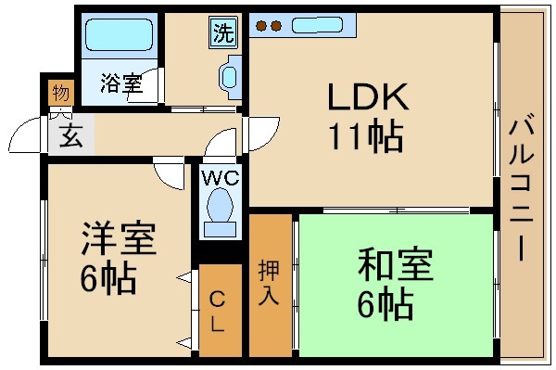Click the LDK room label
(365, 96)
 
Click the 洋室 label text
(118, 241)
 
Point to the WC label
(221, 176)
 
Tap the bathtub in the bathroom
(119, 37)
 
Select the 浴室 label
(121, 83)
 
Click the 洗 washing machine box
(223, 32)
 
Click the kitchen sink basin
(318, 26)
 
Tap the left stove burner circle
(260, 25)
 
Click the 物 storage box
(59, 93)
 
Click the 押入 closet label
(269, 285)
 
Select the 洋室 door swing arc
(170, 172)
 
